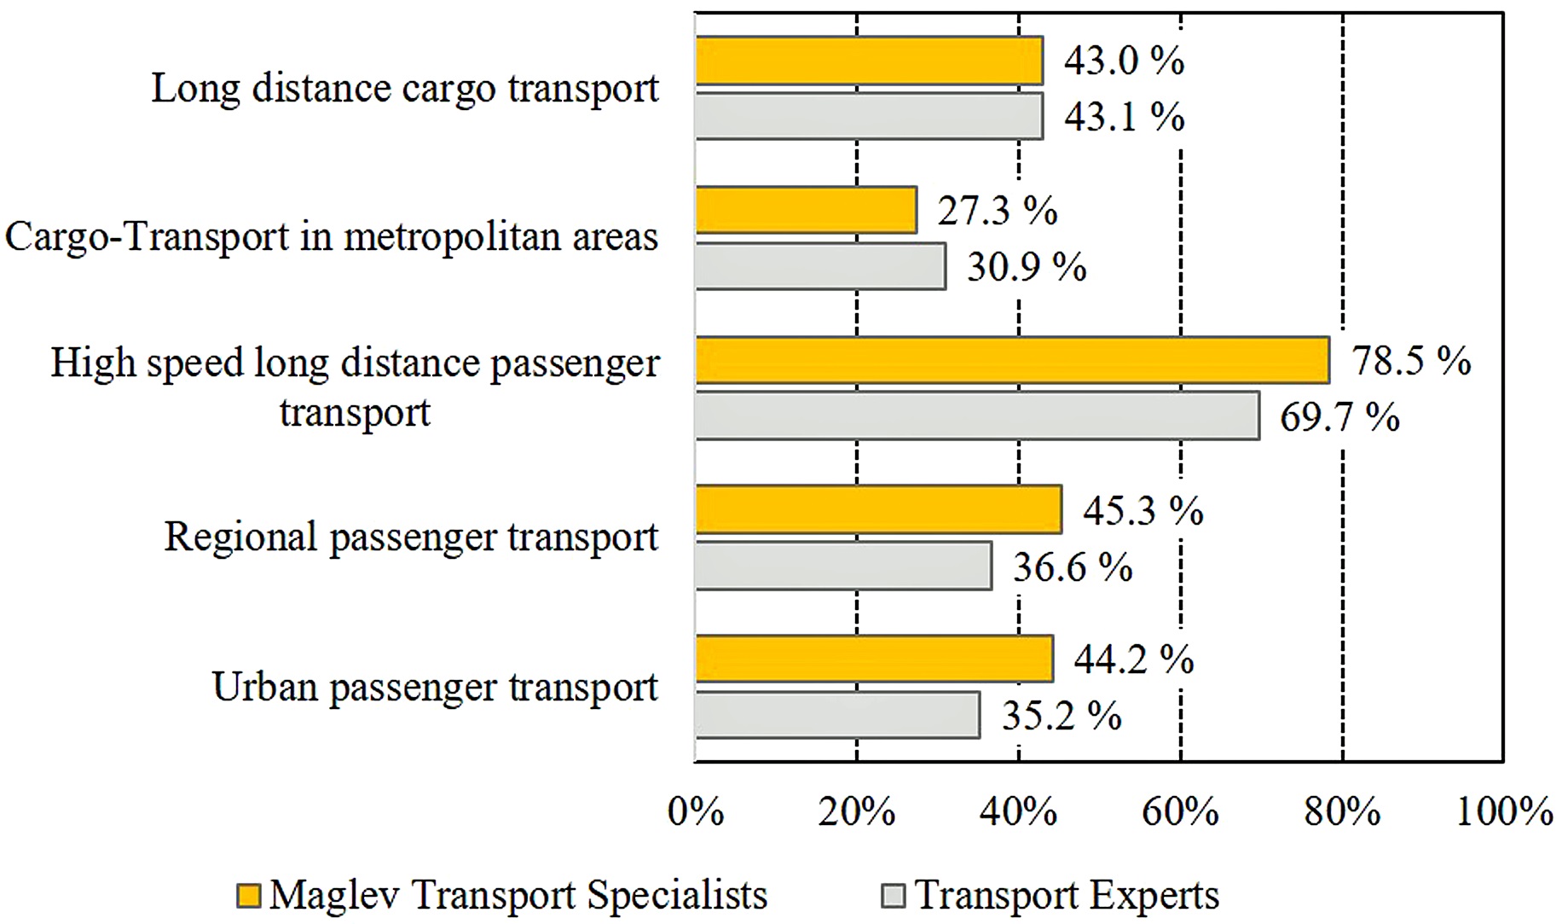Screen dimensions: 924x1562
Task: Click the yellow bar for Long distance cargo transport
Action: point(869,61)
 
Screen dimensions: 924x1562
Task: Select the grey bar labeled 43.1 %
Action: point(869,116)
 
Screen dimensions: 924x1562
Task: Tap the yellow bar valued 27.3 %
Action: point(806,210)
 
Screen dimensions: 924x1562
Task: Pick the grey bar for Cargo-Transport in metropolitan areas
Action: point(820,266)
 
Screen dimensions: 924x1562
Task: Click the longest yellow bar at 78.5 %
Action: point(1012,360)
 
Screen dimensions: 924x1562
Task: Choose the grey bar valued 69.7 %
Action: point(977,416)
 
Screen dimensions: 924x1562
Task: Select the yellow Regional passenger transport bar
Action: point(878,509)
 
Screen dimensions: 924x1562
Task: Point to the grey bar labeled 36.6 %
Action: point(843,566)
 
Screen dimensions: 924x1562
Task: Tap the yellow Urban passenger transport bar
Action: point(874,659)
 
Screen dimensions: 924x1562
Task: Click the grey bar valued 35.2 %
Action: point(837,715)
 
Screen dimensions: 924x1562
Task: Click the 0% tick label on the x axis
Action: point(696,811)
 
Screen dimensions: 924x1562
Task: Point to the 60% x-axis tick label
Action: point(1180,811)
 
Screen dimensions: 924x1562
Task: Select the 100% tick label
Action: point(1504,811)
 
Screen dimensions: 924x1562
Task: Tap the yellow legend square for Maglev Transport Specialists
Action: point(248,896)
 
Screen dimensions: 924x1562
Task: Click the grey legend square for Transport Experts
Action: point(893,896)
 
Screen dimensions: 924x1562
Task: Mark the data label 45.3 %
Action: point(1143,510)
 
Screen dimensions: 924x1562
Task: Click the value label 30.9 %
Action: point(1026,267)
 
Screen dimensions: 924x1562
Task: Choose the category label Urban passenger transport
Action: point(435,688)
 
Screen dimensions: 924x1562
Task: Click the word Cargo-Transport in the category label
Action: point(147,237)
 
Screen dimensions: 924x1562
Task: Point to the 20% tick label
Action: point(856,811)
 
